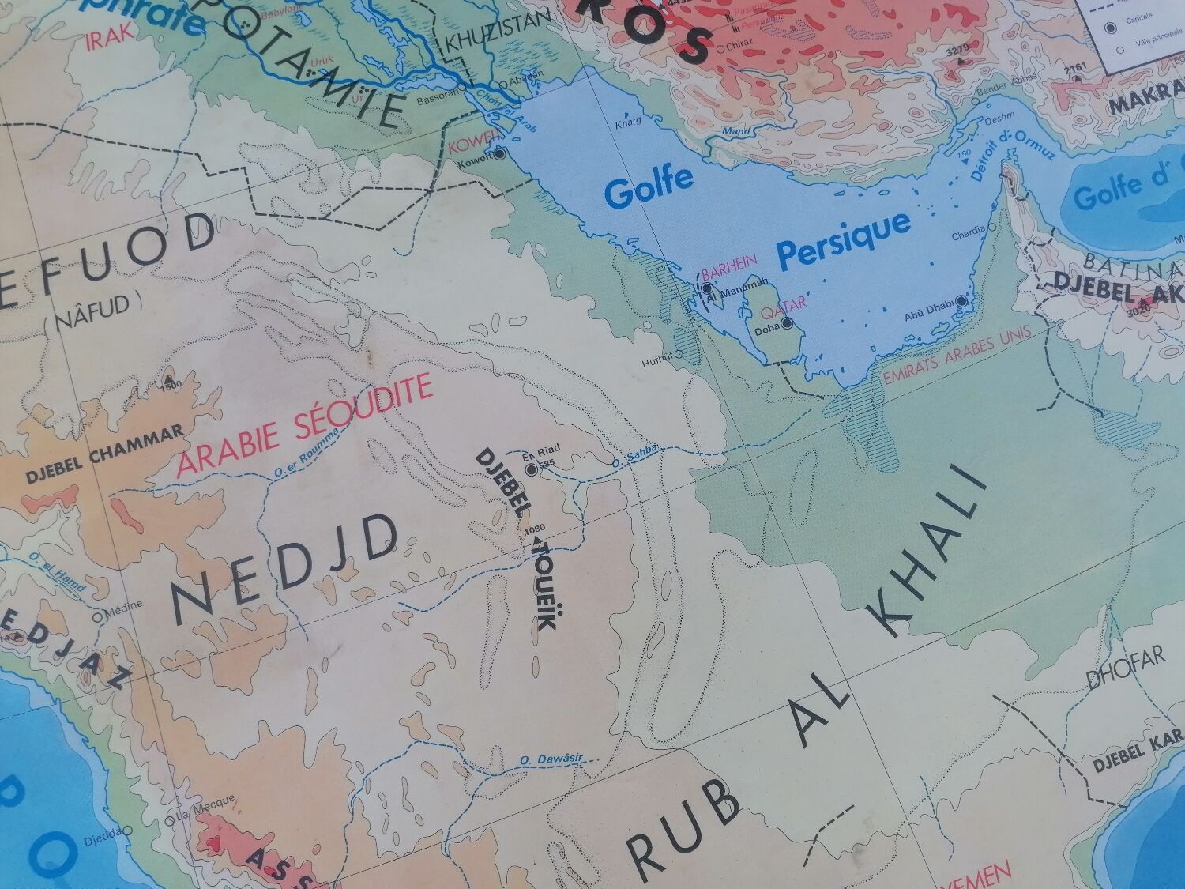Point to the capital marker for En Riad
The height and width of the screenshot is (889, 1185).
click(531, 470)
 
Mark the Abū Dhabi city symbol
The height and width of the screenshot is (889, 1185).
click(961, 301)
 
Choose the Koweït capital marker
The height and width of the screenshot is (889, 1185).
click(499, 154)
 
